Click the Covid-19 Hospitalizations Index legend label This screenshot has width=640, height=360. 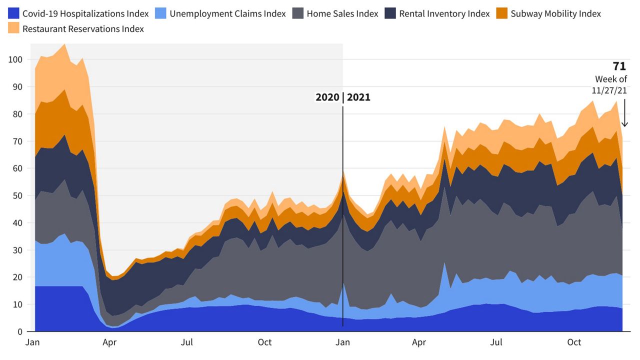(x=85, y=13)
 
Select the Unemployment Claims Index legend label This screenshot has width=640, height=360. (x=227, y=13)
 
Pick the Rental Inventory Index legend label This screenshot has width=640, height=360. (x=444, y=13)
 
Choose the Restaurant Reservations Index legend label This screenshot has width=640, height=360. (x=83, y=29)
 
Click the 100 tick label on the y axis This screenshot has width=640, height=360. (x=15, y=59)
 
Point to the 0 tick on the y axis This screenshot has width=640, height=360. (x=20, y=331)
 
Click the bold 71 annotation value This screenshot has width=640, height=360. (x=619, y=66)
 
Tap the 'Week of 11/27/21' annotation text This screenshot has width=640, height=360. (x=610, y=85)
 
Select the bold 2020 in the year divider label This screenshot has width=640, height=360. (x=327, y=97)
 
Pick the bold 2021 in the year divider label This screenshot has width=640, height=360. (x=358, y=97)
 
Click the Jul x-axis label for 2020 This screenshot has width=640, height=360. (x=187, y=342)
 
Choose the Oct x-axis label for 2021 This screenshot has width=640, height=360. (x=574, y=342)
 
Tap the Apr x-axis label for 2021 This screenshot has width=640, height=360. (x=419, y=342)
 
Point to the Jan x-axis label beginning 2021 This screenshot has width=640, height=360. (x=342, y=342)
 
